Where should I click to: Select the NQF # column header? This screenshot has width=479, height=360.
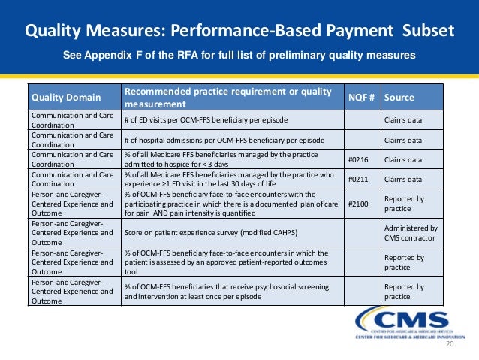pyautogui.click(x=362, y=98)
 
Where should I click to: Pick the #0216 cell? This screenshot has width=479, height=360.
pyautogui.click(x=362, y=159)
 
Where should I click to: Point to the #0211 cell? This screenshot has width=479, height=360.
pyautogui.click(x=362, y=179)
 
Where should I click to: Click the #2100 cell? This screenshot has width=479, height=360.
pyautogui.click(x=361, y=203)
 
